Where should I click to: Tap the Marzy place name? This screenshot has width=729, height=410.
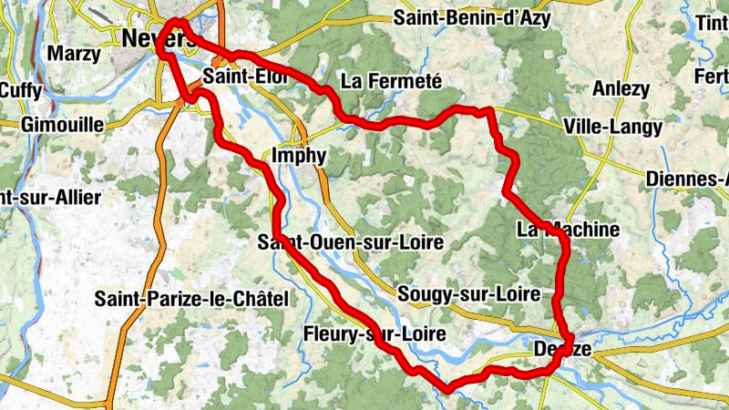[75, 54]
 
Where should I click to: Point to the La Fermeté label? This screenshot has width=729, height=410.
[391, 82]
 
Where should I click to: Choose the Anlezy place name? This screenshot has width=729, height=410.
[621, 88]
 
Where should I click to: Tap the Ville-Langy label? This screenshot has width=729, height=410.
[612, 128]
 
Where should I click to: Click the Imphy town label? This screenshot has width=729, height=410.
[298, 156]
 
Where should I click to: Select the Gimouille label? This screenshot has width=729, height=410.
[56, 124]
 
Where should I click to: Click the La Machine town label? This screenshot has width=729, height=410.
[568, 230]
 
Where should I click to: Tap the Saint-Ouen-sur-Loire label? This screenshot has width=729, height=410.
[350, 242]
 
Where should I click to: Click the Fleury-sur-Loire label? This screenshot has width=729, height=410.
[374, 334]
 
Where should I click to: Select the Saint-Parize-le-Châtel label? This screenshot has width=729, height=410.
[191, 298]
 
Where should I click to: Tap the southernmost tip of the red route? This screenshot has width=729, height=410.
[447, 390]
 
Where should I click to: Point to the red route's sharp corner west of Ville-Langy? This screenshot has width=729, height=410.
[490, 111]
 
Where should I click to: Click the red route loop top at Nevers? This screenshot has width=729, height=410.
[178, 22]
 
